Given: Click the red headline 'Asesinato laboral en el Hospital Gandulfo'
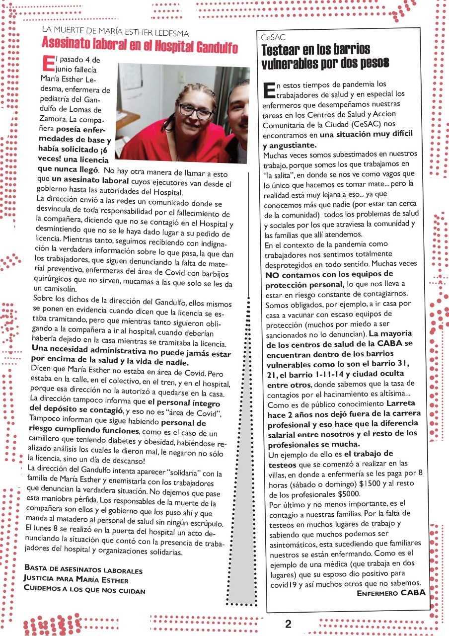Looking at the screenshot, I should (140, 47).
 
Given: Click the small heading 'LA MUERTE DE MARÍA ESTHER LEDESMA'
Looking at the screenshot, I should (115, 33).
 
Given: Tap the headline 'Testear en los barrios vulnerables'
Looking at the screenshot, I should (325, 57).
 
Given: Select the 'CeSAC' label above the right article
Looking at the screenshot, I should (271, 38).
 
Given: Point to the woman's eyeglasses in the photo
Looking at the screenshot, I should (196, 110).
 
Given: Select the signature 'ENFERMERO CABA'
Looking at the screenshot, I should (391, 593).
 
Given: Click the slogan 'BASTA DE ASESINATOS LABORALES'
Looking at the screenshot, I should (83, 571).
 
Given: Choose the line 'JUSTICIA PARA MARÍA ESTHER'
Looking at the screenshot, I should (75, 580).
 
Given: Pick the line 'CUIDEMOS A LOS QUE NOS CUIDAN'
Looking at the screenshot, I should (84, 590).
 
